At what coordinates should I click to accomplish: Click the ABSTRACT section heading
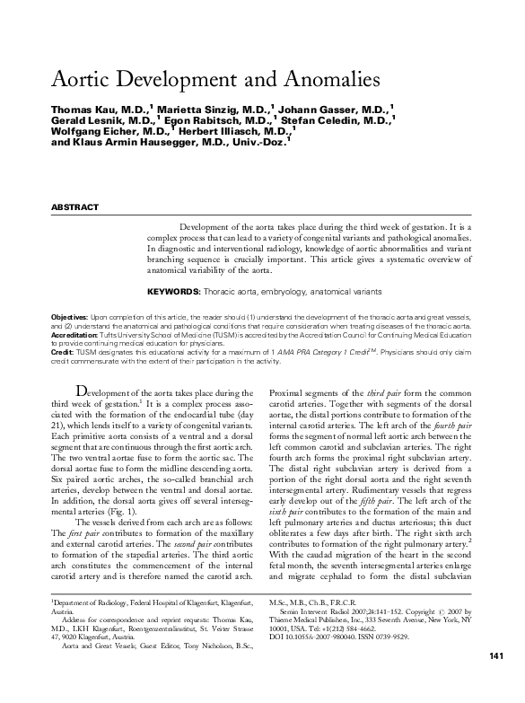tap(76, 207)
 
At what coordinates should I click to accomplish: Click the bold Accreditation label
tap(75, 334)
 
